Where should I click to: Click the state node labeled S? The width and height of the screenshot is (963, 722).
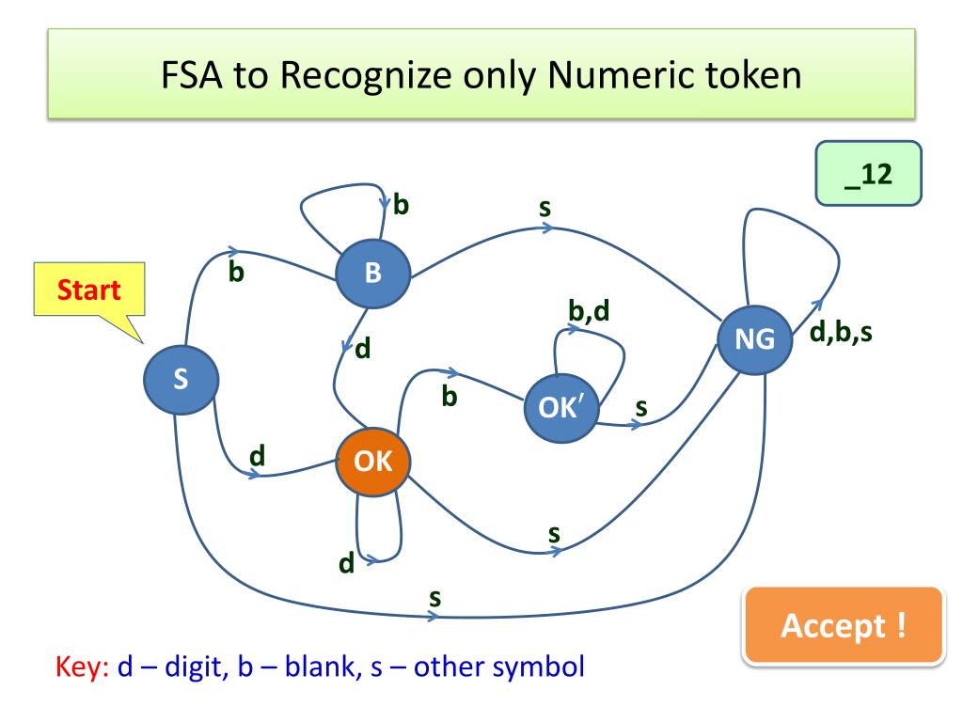coord(180,378)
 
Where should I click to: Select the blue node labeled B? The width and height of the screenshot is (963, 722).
coord(373,274)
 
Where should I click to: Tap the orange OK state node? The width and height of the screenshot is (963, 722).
coord(373,461)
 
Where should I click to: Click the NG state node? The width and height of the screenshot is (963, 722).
coord(754,339)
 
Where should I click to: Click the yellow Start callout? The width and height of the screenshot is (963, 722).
coord(89,290)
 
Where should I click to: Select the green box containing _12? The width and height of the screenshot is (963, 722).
coord(868,174)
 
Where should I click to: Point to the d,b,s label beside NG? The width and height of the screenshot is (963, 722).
coord(840,332)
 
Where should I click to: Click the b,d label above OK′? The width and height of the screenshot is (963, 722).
coord(589,309)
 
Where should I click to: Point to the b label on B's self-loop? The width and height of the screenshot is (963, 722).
coord(401,204)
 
